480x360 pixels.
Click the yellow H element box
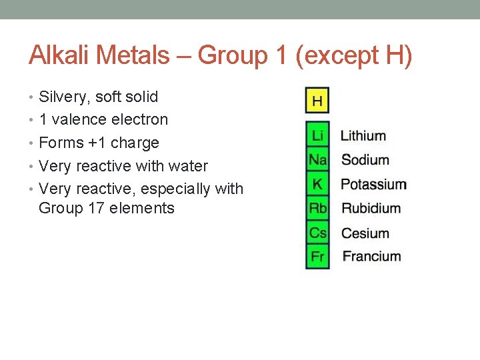point(317,101)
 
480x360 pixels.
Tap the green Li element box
point(317,136)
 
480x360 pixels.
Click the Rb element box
point(317,208)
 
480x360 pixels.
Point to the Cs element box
point(317,233)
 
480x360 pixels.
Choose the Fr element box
point(317,257)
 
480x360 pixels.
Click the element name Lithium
point(363,136)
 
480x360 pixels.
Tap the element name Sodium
point(365,160)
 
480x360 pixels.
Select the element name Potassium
point(374,184)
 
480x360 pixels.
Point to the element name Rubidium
point(371,208)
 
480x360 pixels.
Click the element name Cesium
point(365,233)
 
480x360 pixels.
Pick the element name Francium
point(372,257)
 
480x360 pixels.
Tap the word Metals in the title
point(131,55)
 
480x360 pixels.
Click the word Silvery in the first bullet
point(65,97)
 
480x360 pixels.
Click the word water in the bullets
point(190,166)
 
